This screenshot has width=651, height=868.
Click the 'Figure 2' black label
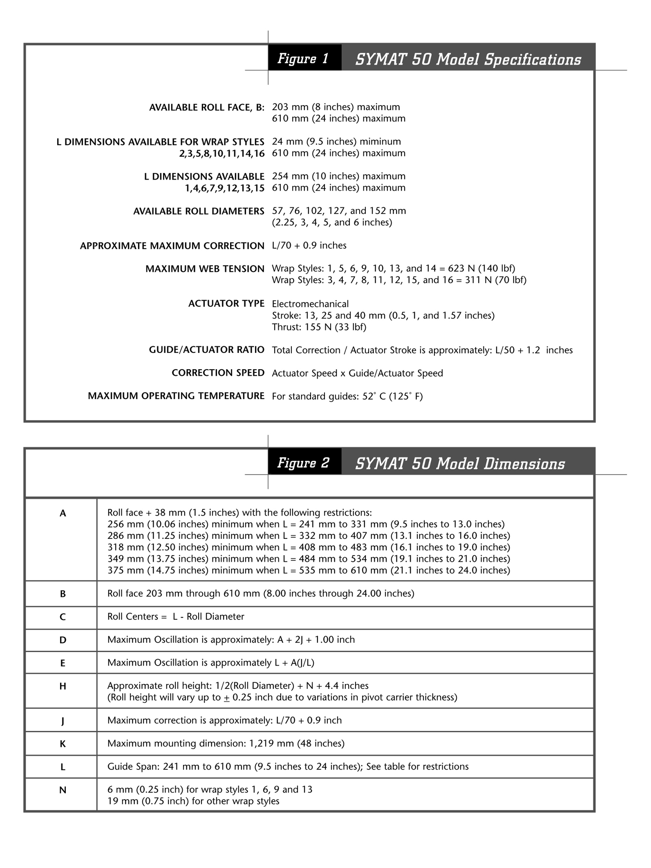click(304, 462)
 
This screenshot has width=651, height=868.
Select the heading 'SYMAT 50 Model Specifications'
click(468, 59)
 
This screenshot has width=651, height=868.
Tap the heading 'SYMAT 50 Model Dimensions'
click(460, 463)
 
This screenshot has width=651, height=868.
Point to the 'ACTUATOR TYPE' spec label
click(226, 303)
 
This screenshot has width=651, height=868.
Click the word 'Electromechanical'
click(310, 304)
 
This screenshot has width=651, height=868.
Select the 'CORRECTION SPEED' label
click(218, 373)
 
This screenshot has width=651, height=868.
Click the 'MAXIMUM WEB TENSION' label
click(205, 269)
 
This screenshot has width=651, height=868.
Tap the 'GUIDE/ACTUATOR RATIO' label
click(207, 350)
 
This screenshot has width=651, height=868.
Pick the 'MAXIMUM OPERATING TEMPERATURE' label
click(176, 396)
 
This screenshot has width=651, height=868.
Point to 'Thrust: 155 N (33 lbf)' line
click(319, 327)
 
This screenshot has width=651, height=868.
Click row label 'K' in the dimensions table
click(63, 744)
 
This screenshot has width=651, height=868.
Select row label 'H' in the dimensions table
click(63, 686)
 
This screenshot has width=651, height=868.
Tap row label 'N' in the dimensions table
click(63, 790)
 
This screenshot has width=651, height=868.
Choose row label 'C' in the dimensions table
click(63, 617)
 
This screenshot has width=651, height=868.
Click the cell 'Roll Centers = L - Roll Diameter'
click(175, 617)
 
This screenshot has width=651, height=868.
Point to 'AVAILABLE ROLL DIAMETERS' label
click(199, 211)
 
